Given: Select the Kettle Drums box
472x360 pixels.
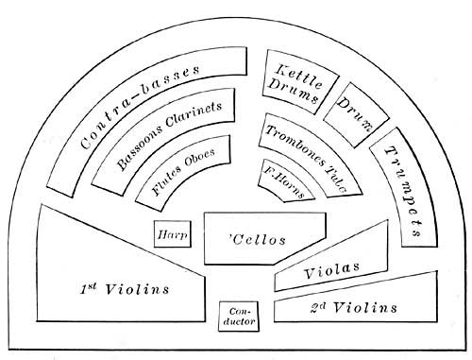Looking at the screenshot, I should click(295, 81).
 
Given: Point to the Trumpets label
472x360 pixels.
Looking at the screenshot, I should click(403, 193).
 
